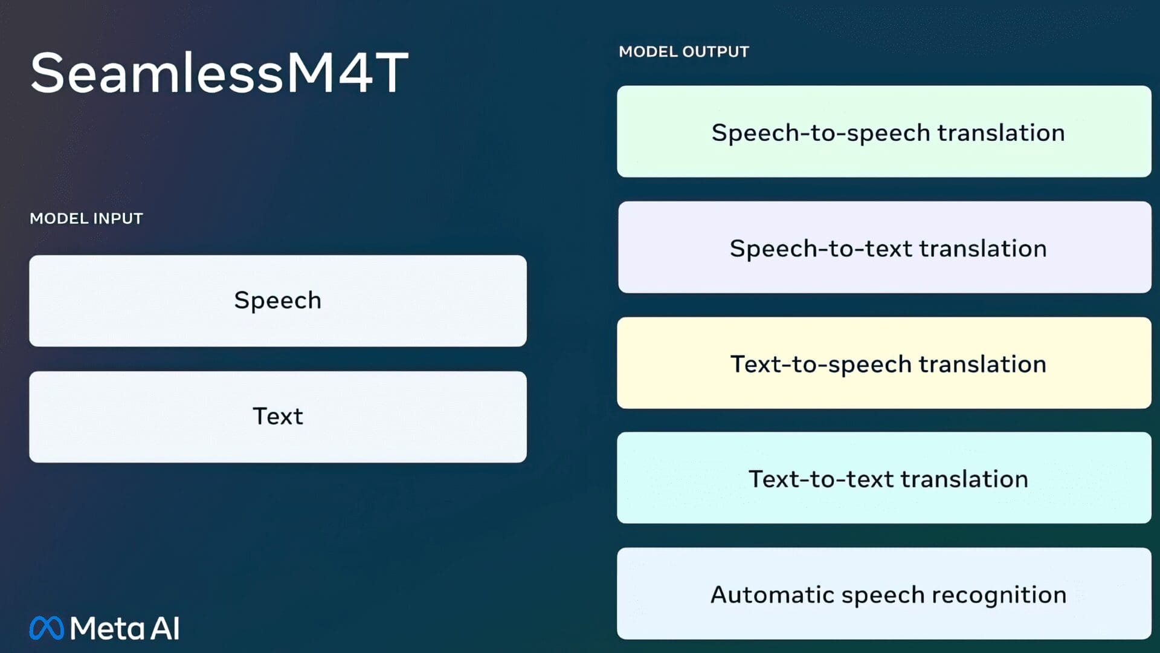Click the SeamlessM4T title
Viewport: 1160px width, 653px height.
pyautogui.click(x=219, y=73)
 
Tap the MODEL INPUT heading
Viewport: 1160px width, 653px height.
pyautogui.click(x=86, y=218)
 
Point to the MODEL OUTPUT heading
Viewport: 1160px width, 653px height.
pyautogui.click(x=683, y=52)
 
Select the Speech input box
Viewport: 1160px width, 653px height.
pyautogui.click(x=278, y=301)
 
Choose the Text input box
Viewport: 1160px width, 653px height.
pyautogui.click(x=278, y=417)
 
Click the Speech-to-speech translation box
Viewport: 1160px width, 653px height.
pyautogui.click(x=884, y=132)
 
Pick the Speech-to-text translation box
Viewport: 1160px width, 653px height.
pyautogui.click(x=884, y=247)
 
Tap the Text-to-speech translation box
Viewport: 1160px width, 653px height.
pyautogui.click(x=884, y=363)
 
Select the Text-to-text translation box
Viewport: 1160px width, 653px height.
pyautogui.click(x=884, y=478)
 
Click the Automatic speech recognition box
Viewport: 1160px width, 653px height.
pyautogui.click(x=884, y=594)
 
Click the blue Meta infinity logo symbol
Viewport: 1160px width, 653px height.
pyautogui.click(x=47, y=628)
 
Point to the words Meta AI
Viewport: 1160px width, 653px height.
pyautogui.click(x=124, y=628)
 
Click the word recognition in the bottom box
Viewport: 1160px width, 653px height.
pyautogui.click(x=999, y=595)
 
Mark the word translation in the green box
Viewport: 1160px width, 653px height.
pyautogui.click(x=1000, y=133)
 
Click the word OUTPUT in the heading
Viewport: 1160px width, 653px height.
pyautogui.click(x=716, y=52)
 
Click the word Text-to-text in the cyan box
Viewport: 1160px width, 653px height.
pyautogui.click(x=821, y=479)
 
